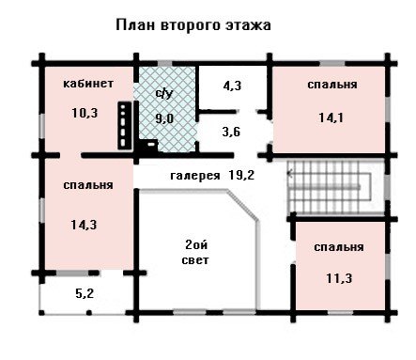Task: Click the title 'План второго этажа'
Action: click(193, 25)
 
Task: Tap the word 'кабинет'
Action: click(88, 84)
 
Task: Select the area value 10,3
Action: click(85, 113)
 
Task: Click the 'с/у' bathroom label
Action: click(164, 93)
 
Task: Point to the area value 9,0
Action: click(164, 118)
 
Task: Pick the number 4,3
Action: click(232, 86)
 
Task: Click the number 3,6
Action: click(231, 132)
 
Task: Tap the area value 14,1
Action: click(331, 117)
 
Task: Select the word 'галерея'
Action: click(195, 176)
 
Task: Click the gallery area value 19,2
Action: click(241, 176)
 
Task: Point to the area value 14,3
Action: click(84, 225)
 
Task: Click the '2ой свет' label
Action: click(196, 252)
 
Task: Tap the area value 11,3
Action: click(339, 278)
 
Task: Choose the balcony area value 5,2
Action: click(85, 294)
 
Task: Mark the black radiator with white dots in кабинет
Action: click(124, 125)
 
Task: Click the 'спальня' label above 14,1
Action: click(332, 85)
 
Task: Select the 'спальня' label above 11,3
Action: click(339, 247)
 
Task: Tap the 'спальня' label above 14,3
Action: click(88, 185)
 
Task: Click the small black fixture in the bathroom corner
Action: click(149, 145)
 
